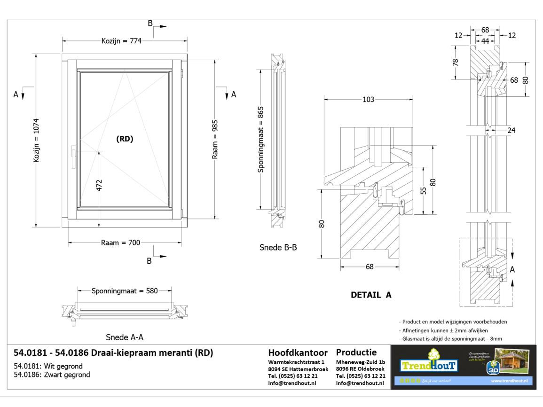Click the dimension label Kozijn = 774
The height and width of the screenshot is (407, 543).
(121, 41)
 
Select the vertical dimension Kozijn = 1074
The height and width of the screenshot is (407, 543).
(37, 141)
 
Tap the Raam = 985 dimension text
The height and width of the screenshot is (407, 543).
(215, 139)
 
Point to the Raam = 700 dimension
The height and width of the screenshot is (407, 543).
(120, 243)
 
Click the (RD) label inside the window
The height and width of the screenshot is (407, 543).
(125, 139)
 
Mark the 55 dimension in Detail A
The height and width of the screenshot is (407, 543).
(424, 190)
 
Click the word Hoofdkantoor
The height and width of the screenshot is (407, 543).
(298, 353)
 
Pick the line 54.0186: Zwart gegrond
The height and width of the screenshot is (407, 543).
(52, 375)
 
